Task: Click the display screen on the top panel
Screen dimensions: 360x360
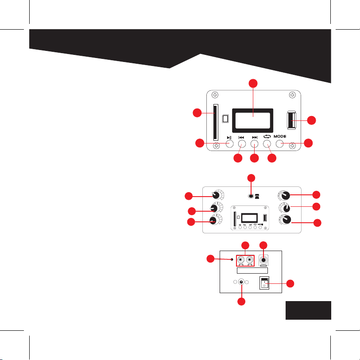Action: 252,120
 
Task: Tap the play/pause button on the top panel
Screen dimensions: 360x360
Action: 229,144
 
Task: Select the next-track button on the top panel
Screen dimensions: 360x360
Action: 255,144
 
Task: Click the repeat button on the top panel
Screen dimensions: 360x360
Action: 267,144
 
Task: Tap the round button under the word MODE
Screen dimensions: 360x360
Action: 279,144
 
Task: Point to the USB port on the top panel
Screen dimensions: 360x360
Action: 292,120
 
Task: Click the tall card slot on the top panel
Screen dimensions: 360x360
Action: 215,122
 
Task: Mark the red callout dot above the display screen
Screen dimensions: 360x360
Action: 252,83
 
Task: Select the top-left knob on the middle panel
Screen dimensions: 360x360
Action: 217,195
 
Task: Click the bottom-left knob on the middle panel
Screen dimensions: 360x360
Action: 216,220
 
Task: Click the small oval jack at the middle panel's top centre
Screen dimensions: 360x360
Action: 251,196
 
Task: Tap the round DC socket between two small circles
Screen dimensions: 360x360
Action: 242,282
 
